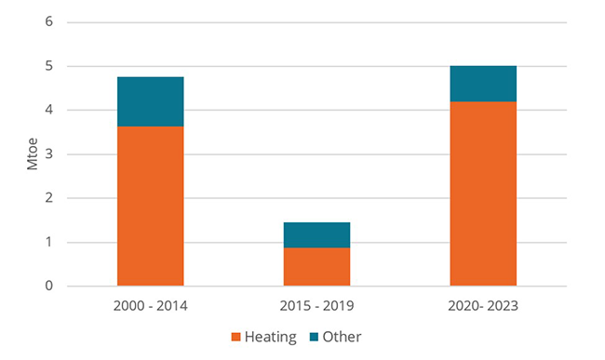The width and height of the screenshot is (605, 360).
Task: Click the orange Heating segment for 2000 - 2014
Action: (150, 206)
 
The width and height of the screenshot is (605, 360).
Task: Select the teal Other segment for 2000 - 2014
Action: (150, 101)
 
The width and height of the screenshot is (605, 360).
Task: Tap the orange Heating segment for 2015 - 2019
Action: (316, 266)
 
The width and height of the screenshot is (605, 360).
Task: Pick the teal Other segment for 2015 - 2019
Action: (316, 234)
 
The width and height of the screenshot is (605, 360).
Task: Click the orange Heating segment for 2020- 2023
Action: (483, 193)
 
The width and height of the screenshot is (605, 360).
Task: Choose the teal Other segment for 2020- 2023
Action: (483, 84)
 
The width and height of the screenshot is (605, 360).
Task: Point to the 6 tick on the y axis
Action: (48, 22)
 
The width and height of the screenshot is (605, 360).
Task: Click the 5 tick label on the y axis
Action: (48, 66)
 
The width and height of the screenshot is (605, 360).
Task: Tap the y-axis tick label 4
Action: (48, 111)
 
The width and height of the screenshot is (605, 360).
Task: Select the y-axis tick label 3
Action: (48, 154)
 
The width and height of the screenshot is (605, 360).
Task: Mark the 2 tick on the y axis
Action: (48, 198)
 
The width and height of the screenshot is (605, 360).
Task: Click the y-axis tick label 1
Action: (48, 243)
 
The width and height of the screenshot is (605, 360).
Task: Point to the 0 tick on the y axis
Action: (48, 287)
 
